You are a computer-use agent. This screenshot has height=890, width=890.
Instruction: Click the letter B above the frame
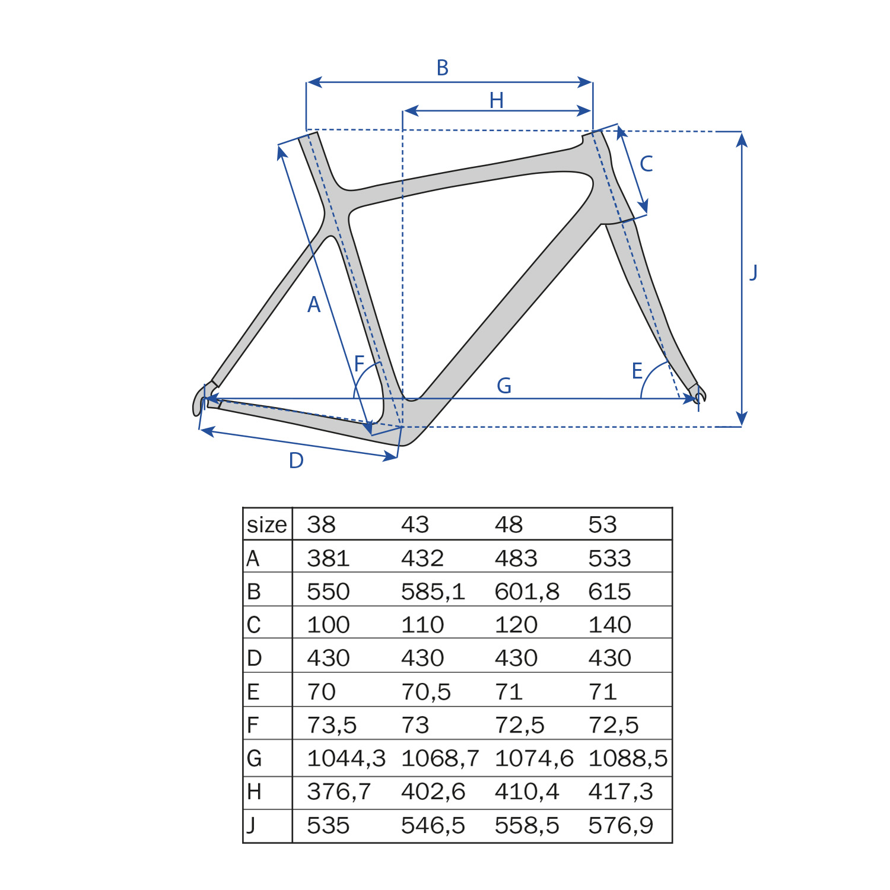(443, 68)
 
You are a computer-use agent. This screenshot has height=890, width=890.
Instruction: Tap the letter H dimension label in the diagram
(497, 101)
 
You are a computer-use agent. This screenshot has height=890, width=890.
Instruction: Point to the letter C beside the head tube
(646, 164)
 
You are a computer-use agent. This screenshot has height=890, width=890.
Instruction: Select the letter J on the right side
(754, 272)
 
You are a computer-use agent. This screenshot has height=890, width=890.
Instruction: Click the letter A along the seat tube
(314, 305)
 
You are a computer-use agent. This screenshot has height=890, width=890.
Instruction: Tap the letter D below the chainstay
(296, 460)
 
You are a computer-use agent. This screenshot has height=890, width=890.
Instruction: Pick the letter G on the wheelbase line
(504, 386)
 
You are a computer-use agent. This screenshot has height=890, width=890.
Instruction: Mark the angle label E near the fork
(637, 371)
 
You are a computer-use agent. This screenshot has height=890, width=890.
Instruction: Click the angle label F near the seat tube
(359, 364)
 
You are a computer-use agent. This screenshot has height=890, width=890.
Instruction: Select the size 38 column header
(322, 525)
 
